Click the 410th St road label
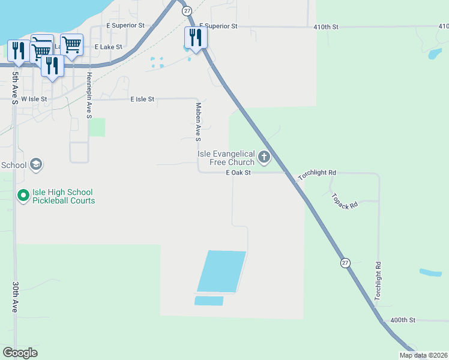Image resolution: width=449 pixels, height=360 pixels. pos(326,27)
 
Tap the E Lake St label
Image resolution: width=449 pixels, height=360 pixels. pos(108,46)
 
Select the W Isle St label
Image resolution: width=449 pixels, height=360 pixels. pos(34,98)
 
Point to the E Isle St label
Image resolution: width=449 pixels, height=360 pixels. pos(142,98)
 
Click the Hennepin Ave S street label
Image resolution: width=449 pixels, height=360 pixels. pos(89,95)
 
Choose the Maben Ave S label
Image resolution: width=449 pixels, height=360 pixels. pos(198,122)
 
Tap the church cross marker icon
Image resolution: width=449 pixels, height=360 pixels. pos(264,158)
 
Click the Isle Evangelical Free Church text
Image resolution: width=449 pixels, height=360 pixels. pos(226,158)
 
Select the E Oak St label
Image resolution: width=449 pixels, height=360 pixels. pos(237,173)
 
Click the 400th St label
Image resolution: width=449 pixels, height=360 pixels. pos(403,320)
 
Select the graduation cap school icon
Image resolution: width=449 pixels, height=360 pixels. pos(35,164)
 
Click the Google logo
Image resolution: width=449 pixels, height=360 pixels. pos(20,353)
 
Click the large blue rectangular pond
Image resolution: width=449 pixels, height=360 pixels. pos(221,271)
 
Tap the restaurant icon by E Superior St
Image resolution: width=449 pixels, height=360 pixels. pos(195,37)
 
